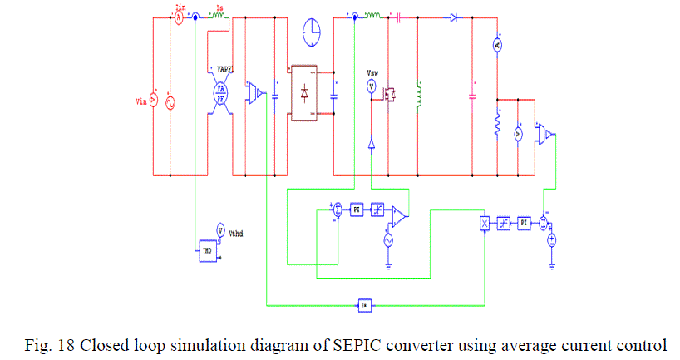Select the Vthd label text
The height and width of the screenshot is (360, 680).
point(236,234)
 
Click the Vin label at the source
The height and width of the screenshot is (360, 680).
point(140,102)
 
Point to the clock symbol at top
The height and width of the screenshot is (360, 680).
point(313,31)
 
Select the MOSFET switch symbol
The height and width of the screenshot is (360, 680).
point(387,93)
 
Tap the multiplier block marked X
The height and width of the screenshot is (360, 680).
point(485,223)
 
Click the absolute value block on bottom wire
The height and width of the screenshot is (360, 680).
point(365,305)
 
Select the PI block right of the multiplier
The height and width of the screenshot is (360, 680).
point(524,223)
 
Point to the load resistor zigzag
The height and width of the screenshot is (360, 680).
point(497,126)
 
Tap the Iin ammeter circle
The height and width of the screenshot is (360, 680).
point(177,16)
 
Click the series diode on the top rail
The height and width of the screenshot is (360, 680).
point(453,16)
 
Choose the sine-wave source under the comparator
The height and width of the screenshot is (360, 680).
point(387,239)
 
